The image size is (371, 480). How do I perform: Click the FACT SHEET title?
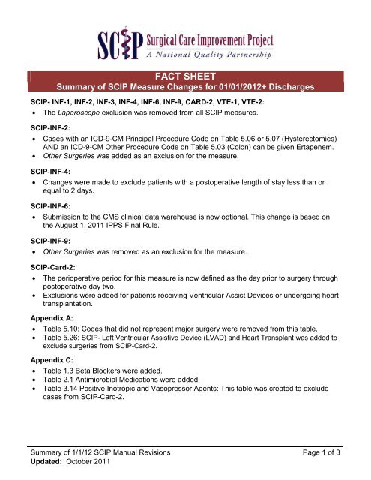coord(185,76)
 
